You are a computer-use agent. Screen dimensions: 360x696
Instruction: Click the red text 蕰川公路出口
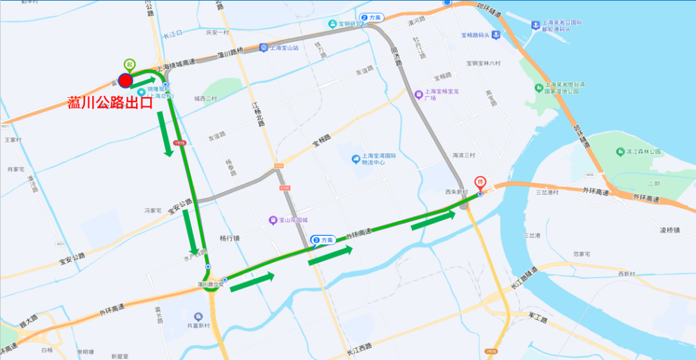click(109, 102)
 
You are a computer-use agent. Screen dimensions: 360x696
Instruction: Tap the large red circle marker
click(126, 81)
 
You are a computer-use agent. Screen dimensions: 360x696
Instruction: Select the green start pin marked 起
click(130, 64)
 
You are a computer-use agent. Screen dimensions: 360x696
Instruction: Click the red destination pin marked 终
click(480, 183)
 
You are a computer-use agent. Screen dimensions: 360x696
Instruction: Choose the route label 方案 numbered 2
click(371, 17)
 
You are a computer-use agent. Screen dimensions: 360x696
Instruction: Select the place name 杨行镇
click(229, 238)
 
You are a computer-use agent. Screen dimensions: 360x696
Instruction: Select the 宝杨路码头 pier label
click(476, 35)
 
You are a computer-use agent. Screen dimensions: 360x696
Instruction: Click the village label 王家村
click(13, 140)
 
